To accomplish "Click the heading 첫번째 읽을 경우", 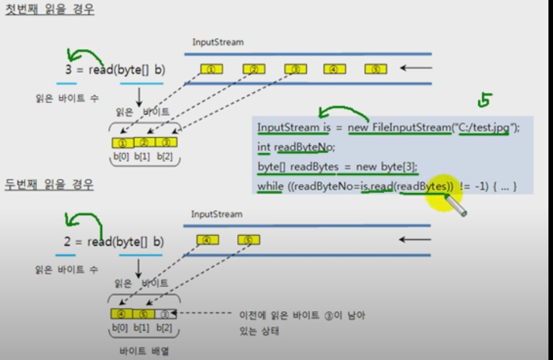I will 50,10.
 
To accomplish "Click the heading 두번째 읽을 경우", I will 50,185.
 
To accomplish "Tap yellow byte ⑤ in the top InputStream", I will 376,69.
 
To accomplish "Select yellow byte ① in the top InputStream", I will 212,69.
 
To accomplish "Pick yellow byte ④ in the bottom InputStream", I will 207,240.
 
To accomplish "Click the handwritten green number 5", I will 485,101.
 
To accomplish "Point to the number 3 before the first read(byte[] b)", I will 68,70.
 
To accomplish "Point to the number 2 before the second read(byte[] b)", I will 67,242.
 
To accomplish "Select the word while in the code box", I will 270,186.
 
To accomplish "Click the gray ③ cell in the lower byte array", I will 165,314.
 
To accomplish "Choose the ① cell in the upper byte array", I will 123,143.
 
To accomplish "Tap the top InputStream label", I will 218,42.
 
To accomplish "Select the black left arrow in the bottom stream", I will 414,240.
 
